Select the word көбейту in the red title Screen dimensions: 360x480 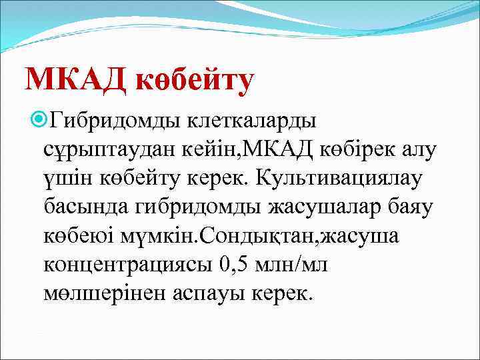click(x=195, y=80)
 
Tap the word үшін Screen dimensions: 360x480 click(x=66, y=179)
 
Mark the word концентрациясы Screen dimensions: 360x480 click(x=126, y=265)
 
